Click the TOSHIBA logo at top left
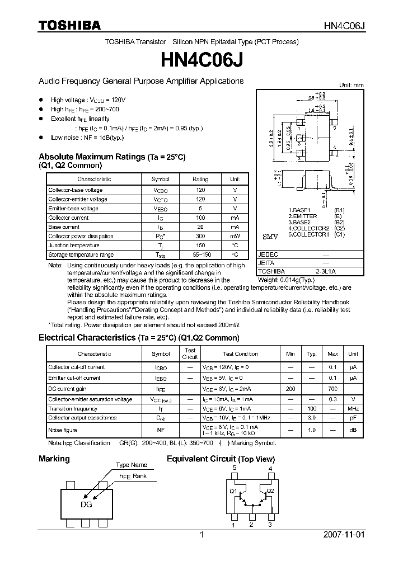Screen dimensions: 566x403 (69, 25)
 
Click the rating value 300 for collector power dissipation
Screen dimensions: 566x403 (200, 237)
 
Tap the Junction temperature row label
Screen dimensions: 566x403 (74, 246)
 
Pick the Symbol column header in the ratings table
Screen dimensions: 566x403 (160, 179)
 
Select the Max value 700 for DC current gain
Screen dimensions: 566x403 (332, 388)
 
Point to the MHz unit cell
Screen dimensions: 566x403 (353, 409)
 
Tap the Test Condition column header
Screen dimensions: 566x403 (240, 354)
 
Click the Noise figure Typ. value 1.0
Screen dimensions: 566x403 (311, 430)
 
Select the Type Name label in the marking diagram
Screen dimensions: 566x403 (132, 465)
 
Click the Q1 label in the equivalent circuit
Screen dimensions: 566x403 (233, 490)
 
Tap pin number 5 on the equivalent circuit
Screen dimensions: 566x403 (235, 468)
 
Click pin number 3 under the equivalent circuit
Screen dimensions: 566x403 (270, 525)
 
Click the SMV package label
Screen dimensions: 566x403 (270, 237)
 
